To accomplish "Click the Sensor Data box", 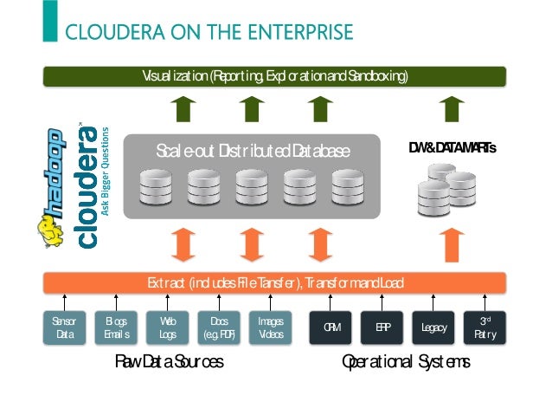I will [x=64, y=327].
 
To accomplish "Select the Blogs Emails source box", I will [x=116, y=327].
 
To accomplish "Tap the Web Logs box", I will [x=168, y=327].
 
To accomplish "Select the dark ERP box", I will [x=382, y=327].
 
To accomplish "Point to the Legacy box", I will [x=433, y=327].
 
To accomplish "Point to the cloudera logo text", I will [x=87, y=186].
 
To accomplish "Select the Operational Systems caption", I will [x=406, y=361].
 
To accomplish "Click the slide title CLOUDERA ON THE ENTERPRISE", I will [x=209, y=33].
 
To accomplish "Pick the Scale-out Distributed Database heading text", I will [x=253, y=151].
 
